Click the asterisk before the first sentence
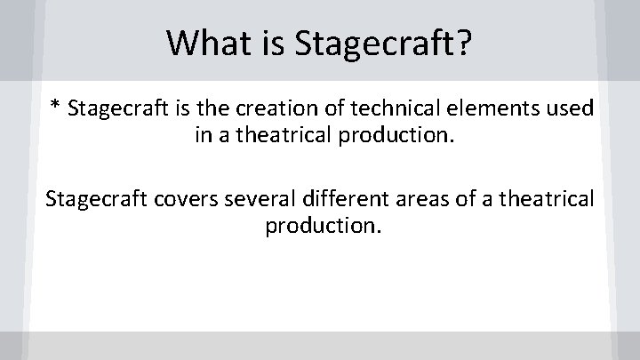pyautogui.click(x=55, y=108)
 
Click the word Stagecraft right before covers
pyautogui.click(x=90, y=198)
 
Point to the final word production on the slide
pyautogui.click(x=322, y=226)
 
